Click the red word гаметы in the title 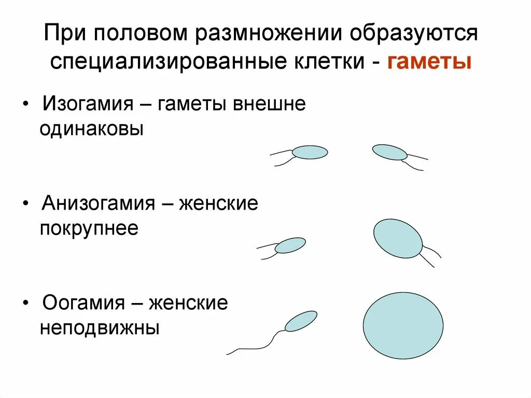428,62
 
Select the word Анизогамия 99,203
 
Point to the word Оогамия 83,303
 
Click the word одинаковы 91,129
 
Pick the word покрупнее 89,229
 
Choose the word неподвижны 99,328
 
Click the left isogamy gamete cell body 310,152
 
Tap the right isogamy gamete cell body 390,152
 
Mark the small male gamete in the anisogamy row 290,245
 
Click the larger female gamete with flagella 398,238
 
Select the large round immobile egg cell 403,325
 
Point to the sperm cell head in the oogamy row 301,321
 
